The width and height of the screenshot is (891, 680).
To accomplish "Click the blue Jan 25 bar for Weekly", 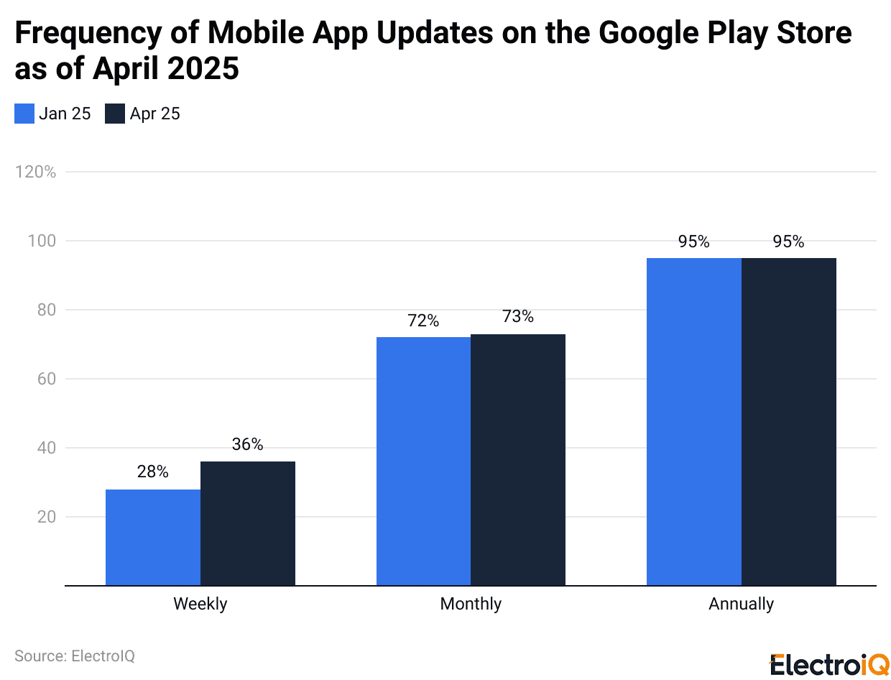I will tap(153, 537).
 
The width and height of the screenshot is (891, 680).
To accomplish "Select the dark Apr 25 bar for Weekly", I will tap(248, 523).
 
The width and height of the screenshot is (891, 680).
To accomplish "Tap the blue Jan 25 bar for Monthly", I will tap(424, 461).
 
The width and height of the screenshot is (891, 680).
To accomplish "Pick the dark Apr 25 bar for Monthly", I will tap(518, 459).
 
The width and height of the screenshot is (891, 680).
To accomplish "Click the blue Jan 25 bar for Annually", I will tap(694, 421).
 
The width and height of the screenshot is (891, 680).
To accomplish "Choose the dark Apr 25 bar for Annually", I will tap(789, 421).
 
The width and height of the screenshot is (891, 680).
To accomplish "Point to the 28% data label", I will tap(153, 472).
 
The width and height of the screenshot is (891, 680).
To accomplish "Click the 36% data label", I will tap(248, 444).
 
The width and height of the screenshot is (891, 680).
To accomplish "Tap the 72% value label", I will tap(423, 321).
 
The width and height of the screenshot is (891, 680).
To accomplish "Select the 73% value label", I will tap(518, 316).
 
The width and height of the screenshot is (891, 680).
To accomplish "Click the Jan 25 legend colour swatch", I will tap(24, 114).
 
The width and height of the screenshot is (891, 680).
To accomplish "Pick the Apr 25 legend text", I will tap(154, 114).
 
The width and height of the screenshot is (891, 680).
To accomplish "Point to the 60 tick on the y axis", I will tap(45, 379).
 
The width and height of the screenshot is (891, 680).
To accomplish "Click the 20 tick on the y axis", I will tap(45, 517).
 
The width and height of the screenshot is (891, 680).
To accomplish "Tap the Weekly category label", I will tap(200, 604).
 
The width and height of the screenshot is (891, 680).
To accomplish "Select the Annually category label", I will tap(741, 604).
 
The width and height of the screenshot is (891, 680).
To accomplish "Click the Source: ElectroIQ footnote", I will tap(75, 656).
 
